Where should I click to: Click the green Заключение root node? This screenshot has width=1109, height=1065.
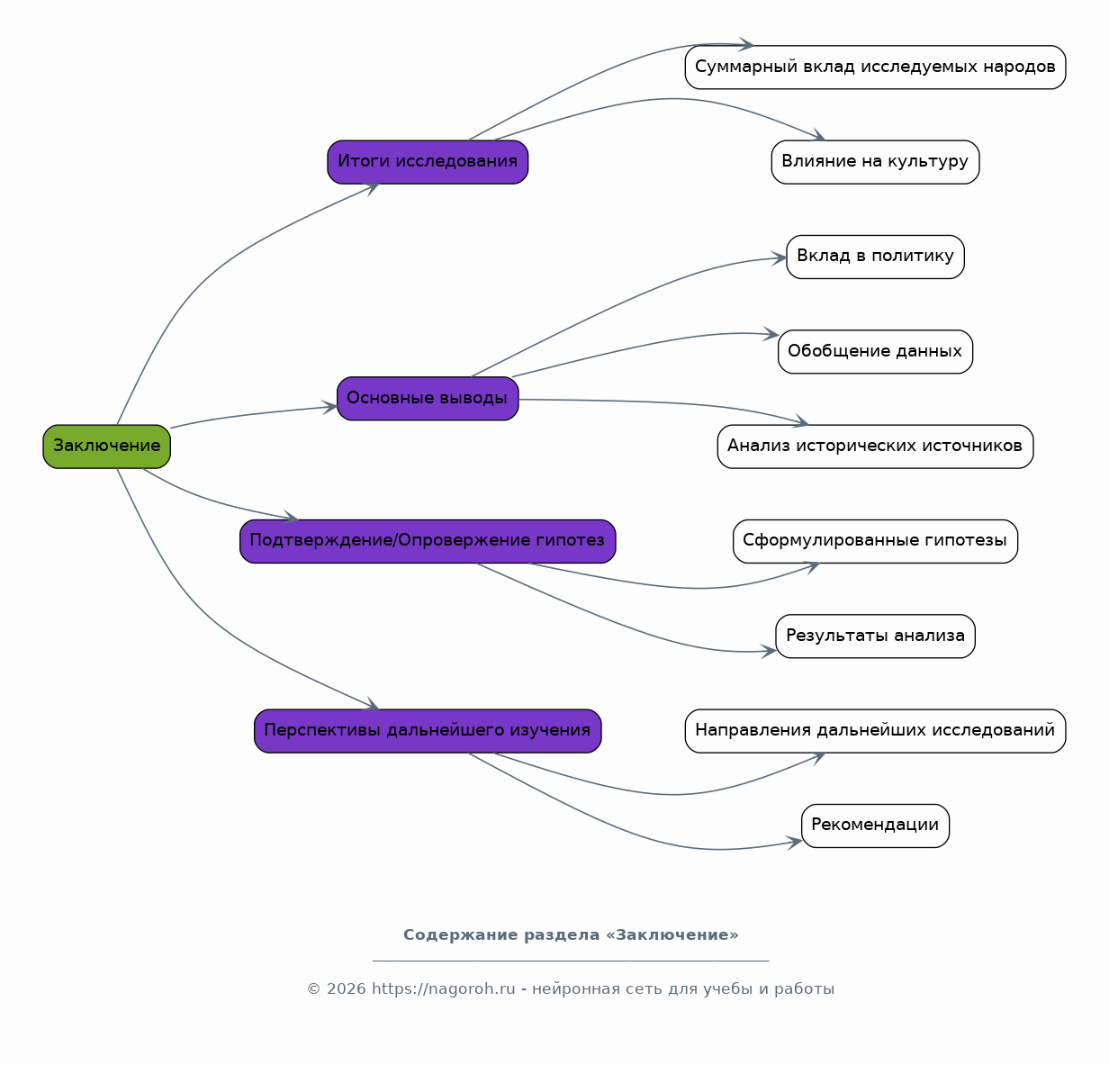[106, 447]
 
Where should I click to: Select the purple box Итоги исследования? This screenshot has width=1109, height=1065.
[428, 162]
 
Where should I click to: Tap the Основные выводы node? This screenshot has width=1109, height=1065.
[428, 398]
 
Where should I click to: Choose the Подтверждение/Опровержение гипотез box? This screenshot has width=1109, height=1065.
[428, 541]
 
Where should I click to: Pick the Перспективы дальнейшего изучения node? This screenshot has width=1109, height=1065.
[428, 730]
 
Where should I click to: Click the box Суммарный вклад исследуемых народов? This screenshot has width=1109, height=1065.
[875, 68]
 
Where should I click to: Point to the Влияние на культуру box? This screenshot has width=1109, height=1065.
[875, 162]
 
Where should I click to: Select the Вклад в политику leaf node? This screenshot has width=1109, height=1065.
[875, 257]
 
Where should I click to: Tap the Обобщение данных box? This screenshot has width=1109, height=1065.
[875, 352]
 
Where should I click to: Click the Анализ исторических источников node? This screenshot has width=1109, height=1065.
[875, 447]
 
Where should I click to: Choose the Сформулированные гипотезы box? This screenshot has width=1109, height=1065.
[875, 541]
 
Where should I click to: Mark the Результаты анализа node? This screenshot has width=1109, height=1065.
[875, 636]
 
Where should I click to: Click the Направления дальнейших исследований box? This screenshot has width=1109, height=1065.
[875, 730]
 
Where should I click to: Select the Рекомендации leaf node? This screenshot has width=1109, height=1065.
[875, 826]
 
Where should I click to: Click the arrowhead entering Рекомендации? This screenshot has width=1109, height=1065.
[796, 843]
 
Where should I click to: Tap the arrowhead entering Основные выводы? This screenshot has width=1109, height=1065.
[330, 407]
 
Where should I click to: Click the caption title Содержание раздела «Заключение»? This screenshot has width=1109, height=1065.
[571, 935]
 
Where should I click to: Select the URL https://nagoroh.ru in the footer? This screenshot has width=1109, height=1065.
[444, 988]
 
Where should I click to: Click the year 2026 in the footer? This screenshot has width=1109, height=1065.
[346, 988]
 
